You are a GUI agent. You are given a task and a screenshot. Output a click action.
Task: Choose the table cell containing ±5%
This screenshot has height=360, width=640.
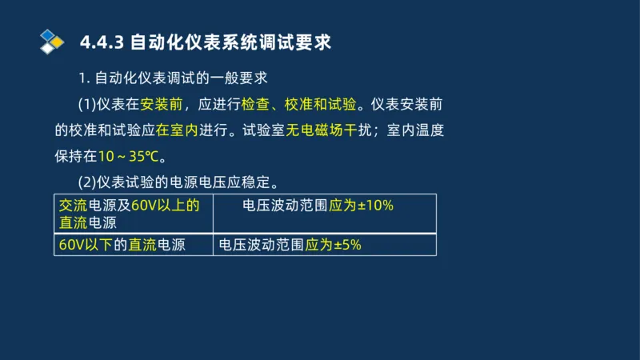(325, 245)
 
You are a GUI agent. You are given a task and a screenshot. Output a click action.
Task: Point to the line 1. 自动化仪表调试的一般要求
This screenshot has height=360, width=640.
(173, 78)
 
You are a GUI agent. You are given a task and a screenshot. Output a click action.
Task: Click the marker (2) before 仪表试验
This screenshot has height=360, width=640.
(86, 181)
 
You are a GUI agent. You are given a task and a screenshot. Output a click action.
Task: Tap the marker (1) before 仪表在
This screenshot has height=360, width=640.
(86, 104)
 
